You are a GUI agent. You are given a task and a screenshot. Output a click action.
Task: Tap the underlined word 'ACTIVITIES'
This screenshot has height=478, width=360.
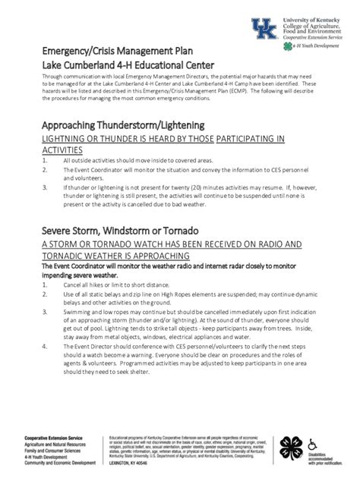65,151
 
